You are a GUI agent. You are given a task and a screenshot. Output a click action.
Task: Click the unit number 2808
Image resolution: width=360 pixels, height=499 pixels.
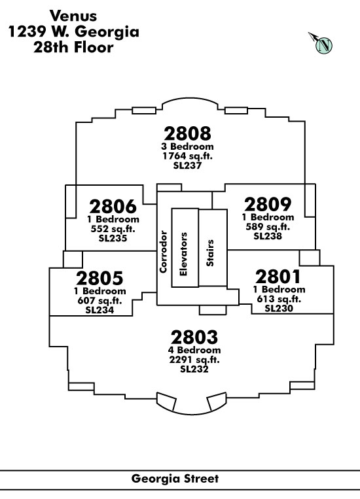(x=187, y=133)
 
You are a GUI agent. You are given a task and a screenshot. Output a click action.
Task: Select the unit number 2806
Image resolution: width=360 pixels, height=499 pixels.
(x=113, y=207)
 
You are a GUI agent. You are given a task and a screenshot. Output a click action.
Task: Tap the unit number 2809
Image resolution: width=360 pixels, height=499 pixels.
(x=268, y=204)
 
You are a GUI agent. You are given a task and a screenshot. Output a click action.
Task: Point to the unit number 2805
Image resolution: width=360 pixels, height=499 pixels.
(x=99, y=278)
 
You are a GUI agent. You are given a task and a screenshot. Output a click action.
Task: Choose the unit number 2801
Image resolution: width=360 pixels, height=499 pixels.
(x=278, y=277)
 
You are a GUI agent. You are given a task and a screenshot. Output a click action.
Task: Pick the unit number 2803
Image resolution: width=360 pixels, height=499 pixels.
(x=194, y=337)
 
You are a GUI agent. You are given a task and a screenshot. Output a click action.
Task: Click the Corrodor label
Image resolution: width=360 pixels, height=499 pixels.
(x=164, y=252)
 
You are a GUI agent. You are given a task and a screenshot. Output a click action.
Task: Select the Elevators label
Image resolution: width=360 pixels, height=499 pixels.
(x=183, y=254)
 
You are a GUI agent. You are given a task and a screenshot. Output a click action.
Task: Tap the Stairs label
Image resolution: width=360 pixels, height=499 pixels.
(x=210, y=253)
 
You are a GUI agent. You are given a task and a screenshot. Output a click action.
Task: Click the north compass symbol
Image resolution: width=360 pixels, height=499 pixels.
(x=321, y=43)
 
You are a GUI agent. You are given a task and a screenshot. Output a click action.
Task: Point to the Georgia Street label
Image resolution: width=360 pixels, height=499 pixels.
(x=175, y=479)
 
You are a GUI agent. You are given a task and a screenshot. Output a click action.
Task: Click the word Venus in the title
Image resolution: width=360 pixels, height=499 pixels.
(x=73, y=16)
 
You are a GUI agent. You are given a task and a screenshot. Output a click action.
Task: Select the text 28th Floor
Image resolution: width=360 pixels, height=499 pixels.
(x=73, y=48)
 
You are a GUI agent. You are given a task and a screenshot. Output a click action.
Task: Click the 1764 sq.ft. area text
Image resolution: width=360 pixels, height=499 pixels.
(x=187, y=156)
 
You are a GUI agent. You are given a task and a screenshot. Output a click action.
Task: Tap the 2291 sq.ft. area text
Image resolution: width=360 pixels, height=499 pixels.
(x=194, y=360)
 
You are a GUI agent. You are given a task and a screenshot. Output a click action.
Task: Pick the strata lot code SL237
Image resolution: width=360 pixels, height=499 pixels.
(x=187, y=165)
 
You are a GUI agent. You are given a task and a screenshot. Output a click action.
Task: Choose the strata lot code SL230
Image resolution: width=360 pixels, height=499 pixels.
(x=279, y=309)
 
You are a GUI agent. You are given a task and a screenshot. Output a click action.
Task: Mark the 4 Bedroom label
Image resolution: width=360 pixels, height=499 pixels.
(x=194, y=350)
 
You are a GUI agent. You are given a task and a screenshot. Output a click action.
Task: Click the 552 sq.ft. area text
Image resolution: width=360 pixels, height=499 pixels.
(x=113, y=229)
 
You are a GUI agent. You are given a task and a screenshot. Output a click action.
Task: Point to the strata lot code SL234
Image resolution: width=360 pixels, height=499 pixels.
(x=99, y=310)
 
